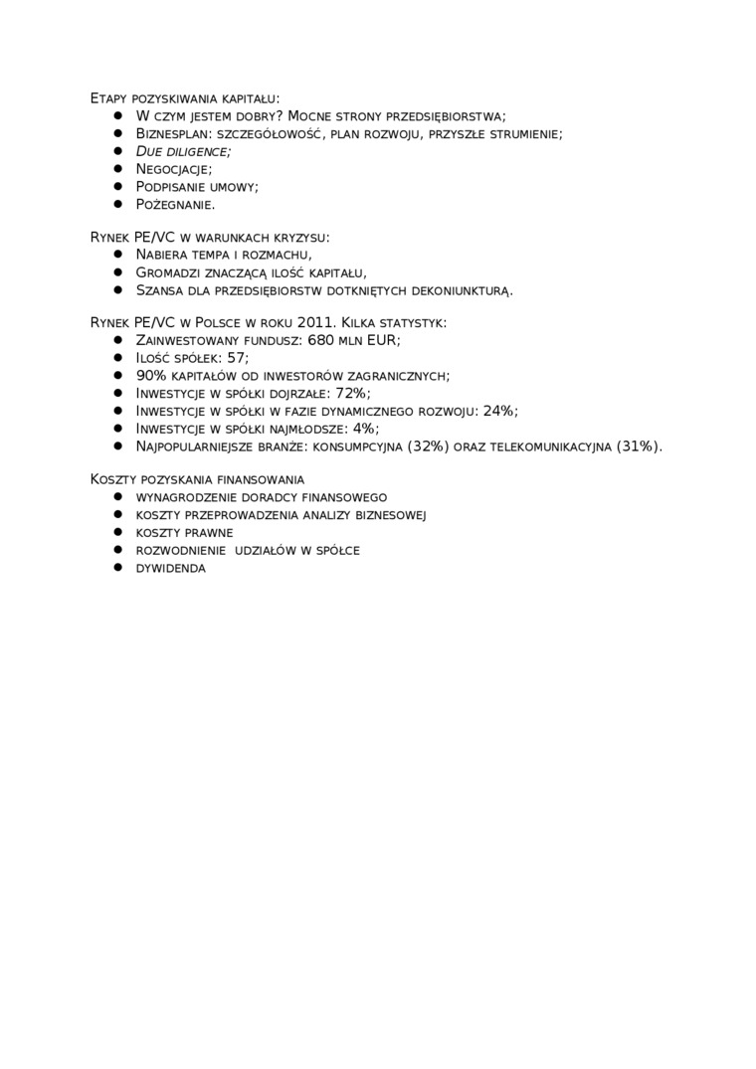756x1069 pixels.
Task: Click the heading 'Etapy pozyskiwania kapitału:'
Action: (x=185, y=98)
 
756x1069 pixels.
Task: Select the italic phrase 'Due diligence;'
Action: (x=183, y=151)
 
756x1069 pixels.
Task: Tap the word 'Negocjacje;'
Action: (x=174, y=169)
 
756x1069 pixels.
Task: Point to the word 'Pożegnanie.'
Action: (x=175, y=205)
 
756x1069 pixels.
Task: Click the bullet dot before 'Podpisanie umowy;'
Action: (x=116, y=186)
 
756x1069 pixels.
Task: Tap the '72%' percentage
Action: (x=352, y=393)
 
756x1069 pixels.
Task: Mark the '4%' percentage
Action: (x=364, y=429)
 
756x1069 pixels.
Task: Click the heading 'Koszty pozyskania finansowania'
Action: (x=197, y=479)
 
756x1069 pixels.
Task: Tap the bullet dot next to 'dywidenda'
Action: (x=116, y=567)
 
